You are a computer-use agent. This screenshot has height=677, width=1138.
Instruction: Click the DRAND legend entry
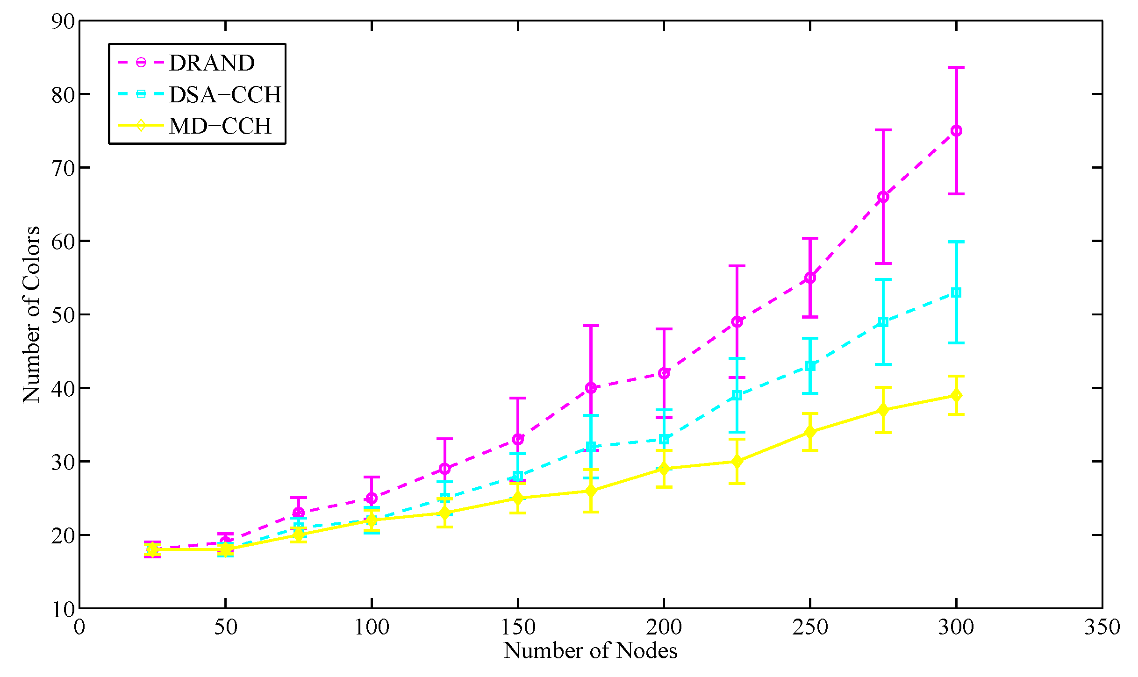(211, 63)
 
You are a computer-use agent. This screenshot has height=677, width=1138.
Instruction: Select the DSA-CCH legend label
(225, 94)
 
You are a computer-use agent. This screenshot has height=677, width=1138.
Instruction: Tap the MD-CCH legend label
(220, 126)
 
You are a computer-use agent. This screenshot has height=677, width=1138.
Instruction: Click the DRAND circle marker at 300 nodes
(956, 131)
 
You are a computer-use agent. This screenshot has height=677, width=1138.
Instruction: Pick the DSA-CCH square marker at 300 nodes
(956, 292)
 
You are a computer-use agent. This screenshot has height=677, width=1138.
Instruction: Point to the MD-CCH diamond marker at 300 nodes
(956, 396)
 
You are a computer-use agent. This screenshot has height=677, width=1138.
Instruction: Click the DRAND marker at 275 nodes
(883, 197)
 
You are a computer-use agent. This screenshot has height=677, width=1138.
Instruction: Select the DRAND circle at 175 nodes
(591, 388)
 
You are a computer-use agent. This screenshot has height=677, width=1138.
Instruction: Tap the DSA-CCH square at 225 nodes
(737, 395)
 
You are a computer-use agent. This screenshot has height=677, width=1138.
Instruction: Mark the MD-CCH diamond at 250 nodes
(810, 432)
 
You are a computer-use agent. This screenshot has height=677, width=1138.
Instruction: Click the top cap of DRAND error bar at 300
(956, 68)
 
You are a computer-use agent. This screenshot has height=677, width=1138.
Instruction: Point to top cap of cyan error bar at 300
(956, 242)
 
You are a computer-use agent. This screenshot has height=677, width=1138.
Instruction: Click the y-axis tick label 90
(63, 21)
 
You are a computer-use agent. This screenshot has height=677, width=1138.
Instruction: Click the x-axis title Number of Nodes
(590, 651)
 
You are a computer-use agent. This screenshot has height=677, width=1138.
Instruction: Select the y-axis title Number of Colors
(31, 314)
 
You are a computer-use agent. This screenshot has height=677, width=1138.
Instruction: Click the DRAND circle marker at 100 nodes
(372, 498)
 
